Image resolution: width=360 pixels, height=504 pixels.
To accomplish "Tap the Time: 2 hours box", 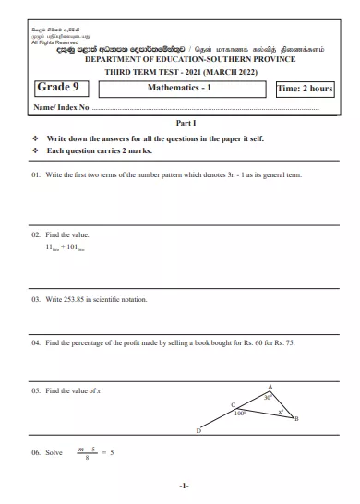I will pyautogui.click(x=305, y=89).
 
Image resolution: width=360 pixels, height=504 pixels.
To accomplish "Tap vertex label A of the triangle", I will pyautogui.click(x=270, y=385).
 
